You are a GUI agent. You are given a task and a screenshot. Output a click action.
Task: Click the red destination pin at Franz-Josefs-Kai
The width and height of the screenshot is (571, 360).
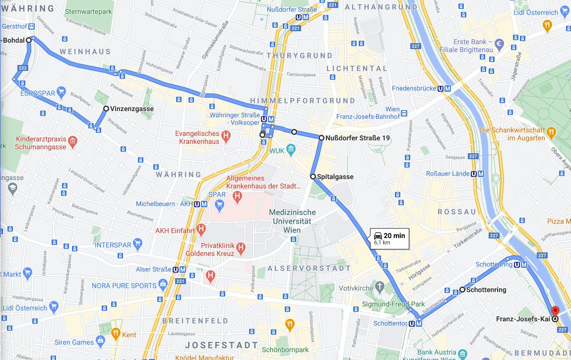point(555,311)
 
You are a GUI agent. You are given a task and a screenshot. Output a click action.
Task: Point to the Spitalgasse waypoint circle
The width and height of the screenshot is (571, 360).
point(313,177)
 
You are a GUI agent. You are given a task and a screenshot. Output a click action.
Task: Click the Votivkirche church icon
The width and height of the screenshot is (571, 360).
point(380,286)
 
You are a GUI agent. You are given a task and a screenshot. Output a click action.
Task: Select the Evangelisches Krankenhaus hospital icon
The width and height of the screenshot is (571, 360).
point(226,134)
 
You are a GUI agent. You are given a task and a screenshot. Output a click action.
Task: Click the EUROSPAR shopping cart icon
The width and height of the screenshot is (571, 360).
point(61,92)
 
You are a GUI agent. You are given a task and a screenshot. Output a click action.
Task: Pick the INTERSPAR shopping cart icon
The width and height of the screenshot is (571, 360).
point(138,243)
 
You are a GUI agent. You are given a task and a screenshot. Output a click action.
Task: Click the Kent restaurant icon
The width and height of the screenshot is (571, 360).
point(115,333)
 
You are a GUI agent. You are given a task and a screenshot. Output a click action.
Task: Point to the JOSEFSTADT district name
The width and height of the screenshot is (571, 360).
point(222,345)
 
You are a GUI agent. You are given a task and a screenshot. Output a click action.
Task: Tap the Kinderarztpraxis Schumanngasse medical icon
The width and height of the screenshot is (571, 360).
point(72,141)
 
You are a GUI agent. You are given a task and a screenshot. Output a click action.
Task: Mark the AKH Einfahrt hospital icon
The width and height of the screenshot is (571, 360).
point(201,229)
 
